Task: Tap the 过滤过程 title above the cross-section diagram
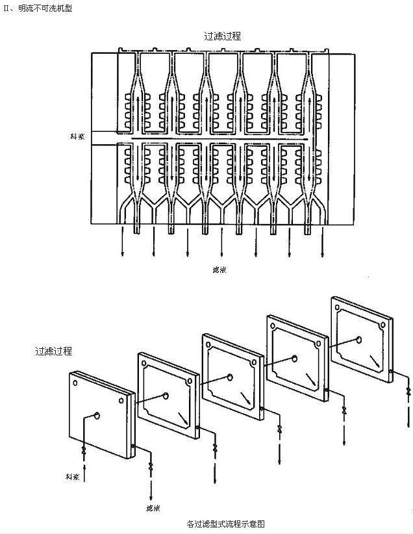[x=223, y=36]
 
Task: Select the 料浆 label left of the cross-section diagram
[x=79, y=136]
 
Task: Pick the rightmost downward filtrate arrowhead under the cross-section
[x=321, y=255]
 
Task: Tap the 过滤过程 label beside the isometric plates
[x=53, y=351]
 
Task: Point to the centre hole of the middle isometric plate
[x=229, y=377]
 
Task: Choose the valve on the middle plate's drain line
[x=279, y=429]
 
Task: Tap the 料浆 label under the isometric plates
[x=72, y=476]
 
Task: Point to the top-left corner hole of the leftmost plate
[x=75, y=383]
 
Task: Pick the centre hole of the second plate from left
[x=166, y=395]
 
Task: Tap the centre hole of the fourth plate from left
[x=294, y=358]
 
